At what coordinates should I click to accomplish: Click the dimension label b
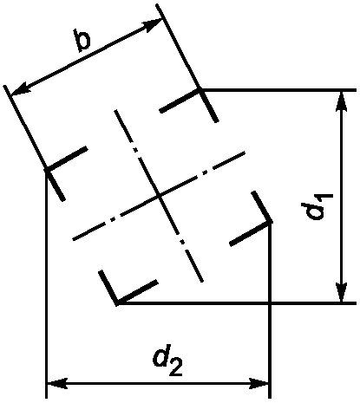82,40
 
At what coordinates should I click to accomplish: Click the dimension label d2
168,362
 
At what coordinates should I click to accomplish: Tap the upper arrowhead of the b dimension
153,24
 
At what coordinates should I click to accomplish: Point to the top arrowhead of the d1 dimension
342,101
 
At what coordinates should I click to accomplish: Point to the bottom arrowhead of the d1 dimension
342,292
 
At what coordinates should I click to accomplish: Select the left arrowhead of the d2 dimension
57,385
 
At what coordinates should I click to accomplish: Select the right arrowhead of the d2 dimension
259,385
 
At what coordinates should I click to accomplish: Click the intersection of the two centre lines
158,197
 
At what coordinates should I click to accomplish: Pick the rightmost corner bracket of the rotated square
254,219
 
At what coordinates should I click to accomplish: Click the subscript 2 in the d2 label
176,369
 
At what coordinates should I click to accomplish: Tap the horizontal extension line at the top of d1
278,90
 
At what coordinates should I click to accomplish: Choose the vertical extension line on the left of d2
46,284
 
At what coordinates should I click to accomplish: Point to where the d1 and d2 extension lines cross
270,303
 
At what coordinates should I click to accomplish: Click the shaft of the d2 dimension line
158,385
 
